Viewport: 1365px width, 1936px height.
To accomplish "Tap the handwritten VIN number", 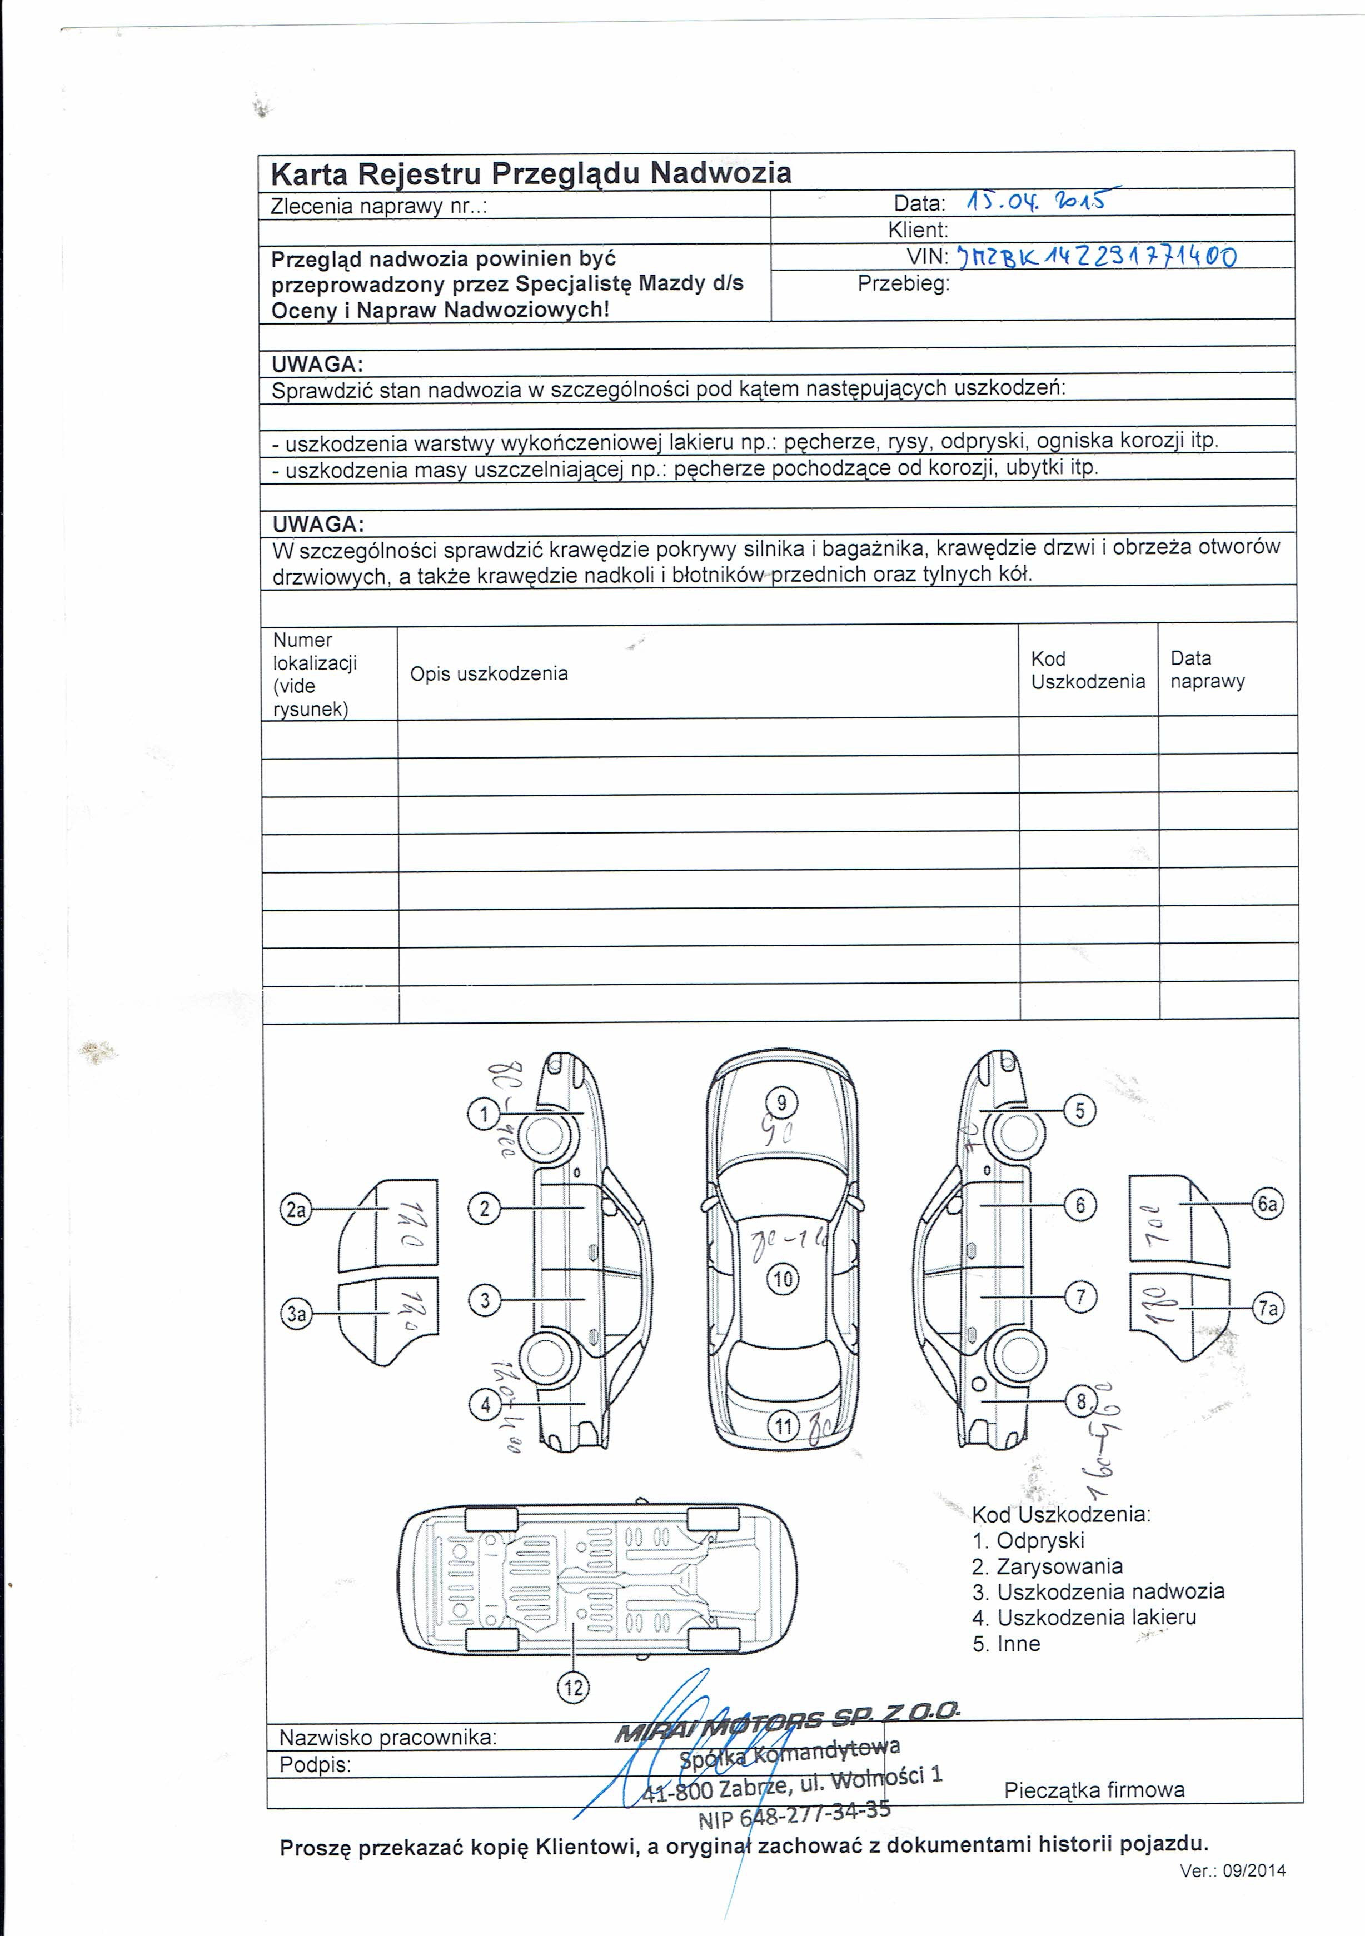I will pos(1096,256).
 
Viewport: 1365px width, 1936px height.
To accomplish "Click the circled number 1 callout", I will pos(484,1115).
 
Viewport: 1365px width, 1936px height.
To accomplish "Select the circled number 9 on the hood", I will pos(781,1102).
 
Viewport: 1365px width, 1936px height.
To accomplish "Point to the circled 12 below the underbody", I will pos(574,1687).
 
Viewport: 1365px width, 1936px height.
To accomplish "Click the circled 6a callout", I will pos(1267,1203).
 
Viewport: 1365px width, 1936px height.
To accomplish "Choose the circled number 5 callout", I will pos(1080,1110).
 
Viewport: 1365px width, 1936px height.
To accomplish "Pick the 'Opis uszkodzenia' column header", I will pos(489,673).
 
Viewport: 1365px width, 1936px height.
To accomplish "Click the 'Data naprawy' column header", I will pos(1207,670).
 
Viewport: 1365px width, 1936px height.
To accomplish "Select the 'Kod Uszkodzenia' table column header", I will pos(1088,670).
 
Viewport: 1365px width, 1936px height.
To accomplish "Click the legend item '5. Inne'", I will pos(1006,1643).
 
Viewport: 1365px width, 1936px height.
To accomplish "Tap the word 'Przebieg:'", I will pos(903,284).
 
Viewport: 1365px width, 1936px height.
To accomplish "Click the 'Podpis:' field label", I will pos(315,1765).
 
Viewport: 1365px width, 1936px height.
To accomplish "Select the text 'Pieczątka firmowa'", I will pos(1094,1789).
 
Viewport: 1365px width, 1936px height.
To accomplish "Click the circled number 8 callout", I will pos(1081,1401).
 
